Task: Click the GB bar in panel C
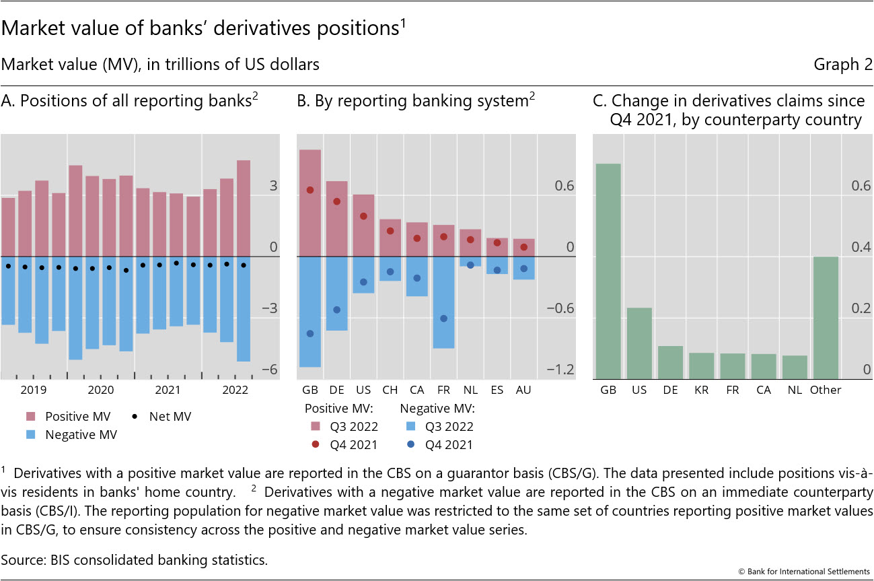pyautogui.click(x=608, y=271)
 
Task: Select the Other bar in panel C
pyautogui.click(x=825, y=318)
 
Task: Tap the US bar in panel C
pyautogui.click(x=639, y=343)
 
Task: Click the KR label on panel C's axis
pyautogui.click(x=701, y=390)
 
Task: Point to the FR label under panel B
pyautogui.click(x=443, y=390)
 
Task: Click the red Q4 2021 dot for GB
pyautogui.click(x=310, y=190)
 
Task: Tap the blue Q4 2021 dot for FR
pyautogui.click(x=443, y=318)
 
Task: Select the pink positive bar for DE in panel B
pyautogui.click(x=337, y=219)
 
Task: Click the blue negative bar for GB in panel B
pyautogui.click(x=310, y=312)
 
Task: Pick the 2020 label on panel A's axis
pyautogui.click(x=101, y=390)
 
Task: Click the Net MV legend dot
pyautogui.click(x=136, y=417)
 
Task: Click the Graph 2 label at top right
pyautogui.click(x=842, y=65)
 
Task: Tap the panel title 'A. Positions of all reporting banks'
pyautogui.click(x=130, y=101)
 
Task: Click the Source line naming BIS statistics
pyautogui.click(x=135, y=558)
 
